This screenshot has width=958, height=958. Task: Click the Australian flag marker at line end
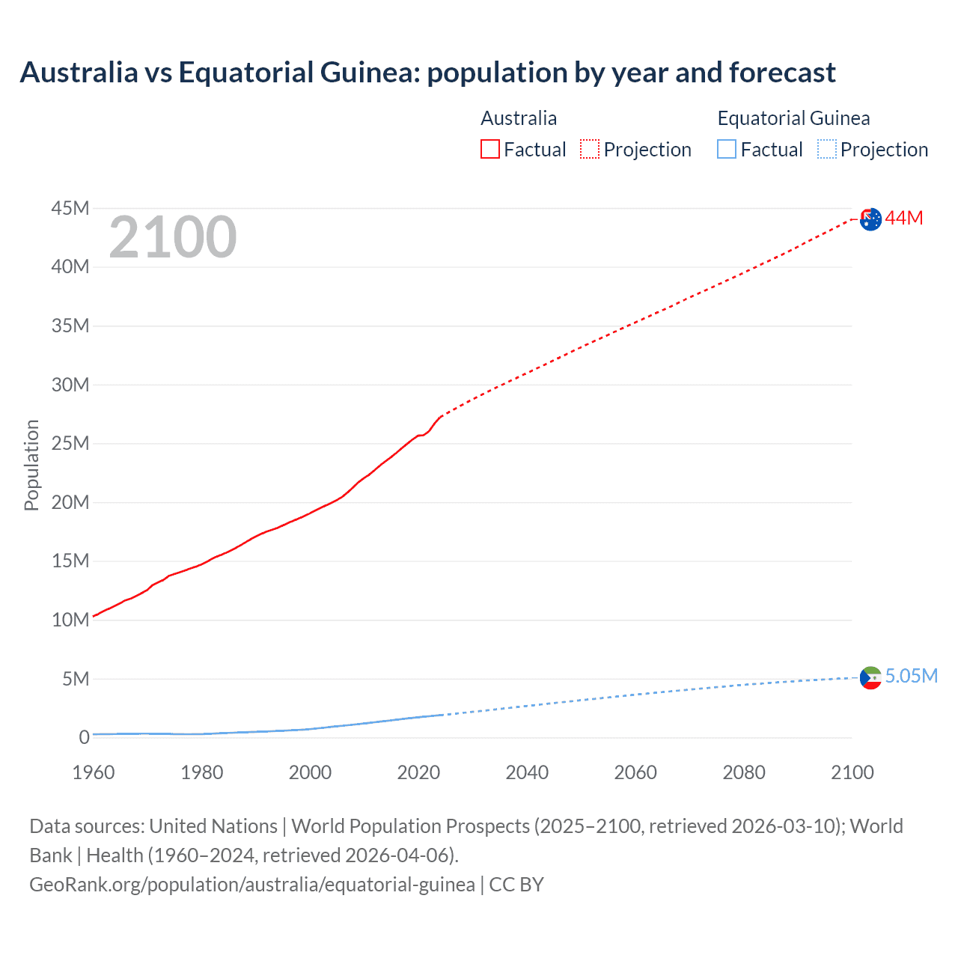pyautogui.click(x=870, y=219)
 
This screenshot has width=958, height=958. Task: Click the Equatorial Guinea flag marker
pyautogui.click(x=870, y=677)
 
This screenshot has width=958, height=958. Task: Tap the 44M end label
pyautogui.click(x=904, y=218)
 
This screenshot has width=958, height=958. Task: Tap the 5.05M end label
pyautogui.click(x=911, y=676)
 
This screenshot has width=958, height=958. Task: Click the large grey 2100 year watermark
pyautogui.click(x=173, y=237)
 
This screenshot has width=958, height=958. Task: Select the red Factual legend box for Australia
pyautogui.click(x=490, y=149)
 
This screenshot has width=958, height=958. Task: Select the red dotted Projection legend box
pyautogui.click(x=590, y=149)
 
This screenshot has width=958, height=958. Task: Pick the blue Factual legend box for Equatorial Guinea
pyautogui.click(x=727, y=149)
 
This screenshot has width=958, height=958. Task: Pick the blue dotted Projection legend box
pyautogui.click(x=827, y=149)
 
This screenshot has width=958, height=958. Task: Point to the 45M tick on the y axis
pyautogui.click(x=70, y=208)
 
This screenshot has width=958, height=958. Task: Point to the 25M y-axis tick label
pyautogui.click(x=70, y=443)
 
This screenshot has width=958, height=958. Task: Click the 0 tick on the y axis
pyautogui.click(x=84, y=737)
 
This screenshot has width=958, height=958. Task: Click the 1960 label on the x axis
pyautogui.click(x=94, y=772)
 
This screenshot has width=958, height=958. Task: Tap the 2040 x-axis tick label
pyautogui.click(x=527, y=772)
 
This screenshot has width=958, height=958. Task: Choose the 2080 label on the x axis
pyautogui.click(x=744, y=772)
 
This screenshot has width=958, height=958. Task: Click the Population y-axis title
pyautogui.click(x=31, y=465)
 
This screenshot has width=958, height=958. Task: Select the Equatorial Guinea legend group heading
pyautogui.click(x=793, y=118)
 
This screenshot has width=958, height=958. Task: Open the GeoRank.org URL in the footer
pyautogui.click(x=252, y=885)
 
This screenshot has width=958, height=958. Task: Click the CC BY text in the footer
pyautogui.click(x=516, y=885)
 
